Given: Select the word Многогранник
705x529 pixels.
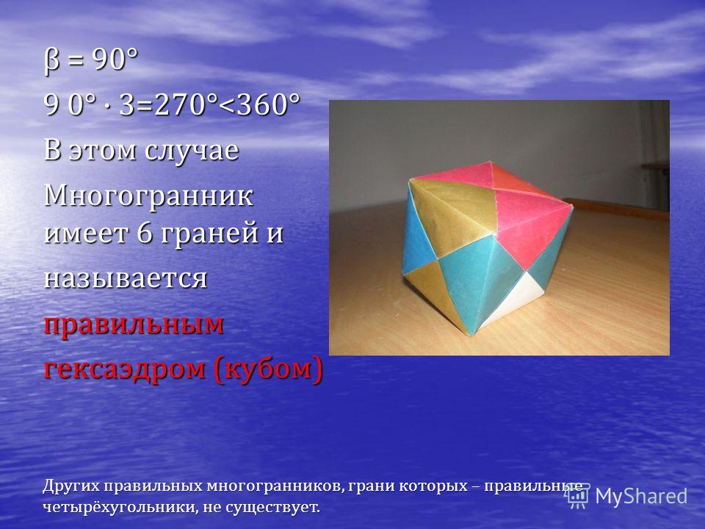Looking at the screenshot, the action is point(148,197).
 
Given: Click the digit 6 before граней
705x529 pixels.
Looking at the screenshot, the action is point(145,233).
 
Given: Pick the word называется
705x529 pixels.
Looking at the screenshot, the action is point(126,279).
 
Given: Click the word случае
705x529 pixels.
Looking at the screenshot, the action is point(192,151).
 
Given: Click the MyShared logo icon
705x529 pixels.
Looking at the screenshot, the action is point(578,496).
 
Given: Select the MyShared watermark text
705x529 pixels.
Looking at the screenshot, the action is point(641,497).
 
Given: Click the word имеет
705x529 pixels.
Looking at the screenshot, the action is point(87,234).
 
